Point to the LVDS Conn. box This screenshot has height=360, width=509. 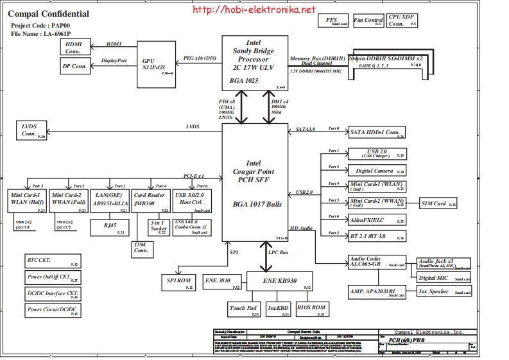31,130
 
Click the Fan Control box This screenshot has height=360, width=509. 368,21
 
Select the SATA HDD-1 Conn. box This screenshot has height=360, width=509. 377,133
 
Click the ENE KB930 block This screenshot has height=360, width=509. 279,280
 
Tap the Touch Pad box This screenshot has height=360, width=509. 244,309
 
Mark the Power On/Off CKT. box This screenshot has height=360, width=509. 53,278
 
